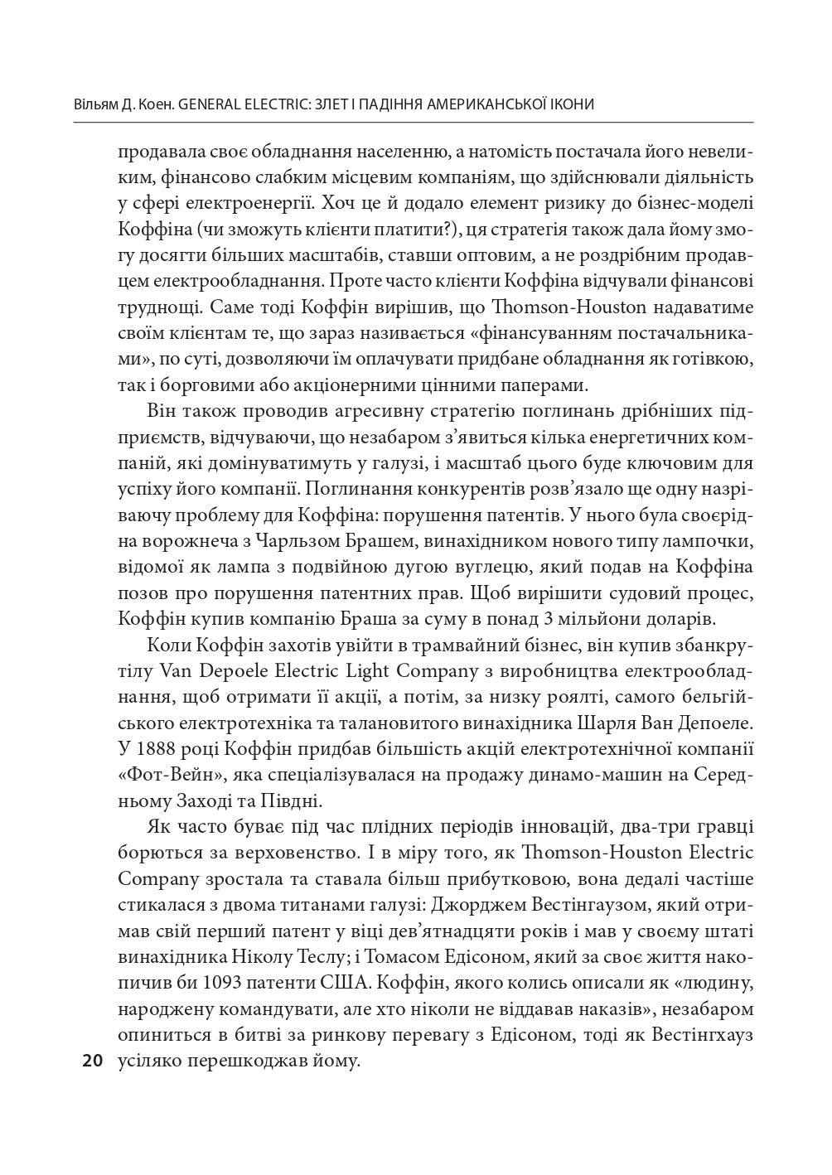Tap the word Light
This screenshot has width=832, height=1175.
(x=355, y=670)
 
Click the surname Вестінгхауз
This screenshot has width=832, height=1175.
(x=701, y=1036)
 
